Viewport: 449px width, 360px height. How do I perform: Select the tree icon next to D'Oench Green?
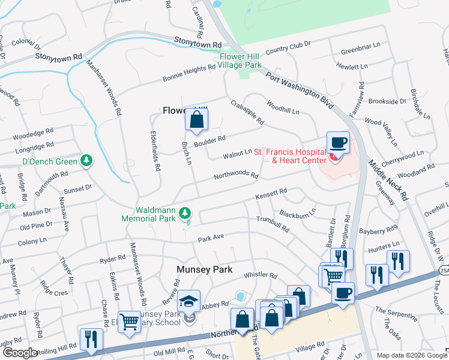point(88,161)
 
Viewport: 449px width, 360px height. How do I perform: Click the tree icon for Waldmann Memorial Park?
point(185,212)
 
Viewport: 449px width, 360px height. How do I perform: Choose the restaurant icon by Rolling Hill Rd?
point(91,339)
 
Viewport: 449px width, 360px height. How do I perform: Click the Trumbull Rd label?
point(273,224)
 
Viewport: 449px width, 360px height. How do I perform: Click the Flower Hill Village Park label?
point(240,60)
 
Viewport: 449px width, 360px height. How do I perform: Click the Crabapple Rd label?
point(247,112)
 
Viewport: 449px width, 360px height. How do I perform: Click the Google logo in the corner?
point(19,353)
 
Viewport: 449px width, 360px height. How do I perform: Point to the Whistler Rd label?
point(260,275)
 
